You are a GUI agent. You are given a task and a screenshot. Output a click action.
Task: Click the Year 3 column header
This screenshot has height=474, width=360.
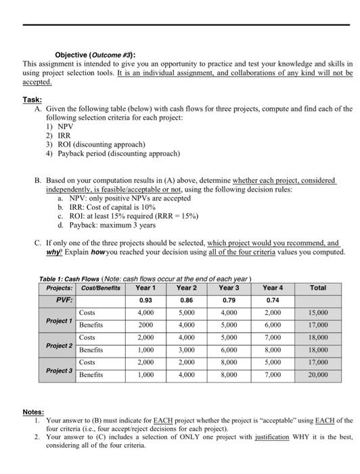coord(229,287)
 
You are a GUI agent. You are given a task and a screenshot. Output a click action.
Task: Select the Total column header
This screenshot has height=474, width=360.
coord(317,287)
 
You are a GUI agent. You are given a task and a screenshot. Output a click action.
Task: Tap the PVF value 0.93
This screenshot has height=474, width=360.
coord(145,300)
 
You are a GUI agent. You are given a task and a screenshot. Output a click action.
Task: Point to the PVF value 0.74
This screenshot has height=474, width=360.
coord(273,300)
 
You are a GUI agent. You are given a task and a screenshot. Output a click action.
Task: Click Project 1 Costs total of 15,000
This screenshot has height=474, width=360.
coord(317,313)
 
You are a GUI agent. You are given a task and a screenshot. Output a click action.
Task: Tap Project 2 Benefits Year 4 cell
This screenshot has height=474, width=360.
coord(273,351)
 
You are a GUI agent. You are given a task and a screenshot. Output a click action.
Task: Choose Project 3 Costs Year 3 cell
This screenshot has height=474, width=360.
coord(229,364)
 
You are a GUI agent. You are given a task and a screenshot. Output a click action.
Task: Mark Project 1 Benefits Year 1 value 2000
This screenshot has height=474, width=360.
coord(145,326)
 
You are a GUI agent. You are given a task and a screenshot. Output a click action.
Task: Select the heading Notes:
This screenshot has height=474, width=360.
coord(33,411)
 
